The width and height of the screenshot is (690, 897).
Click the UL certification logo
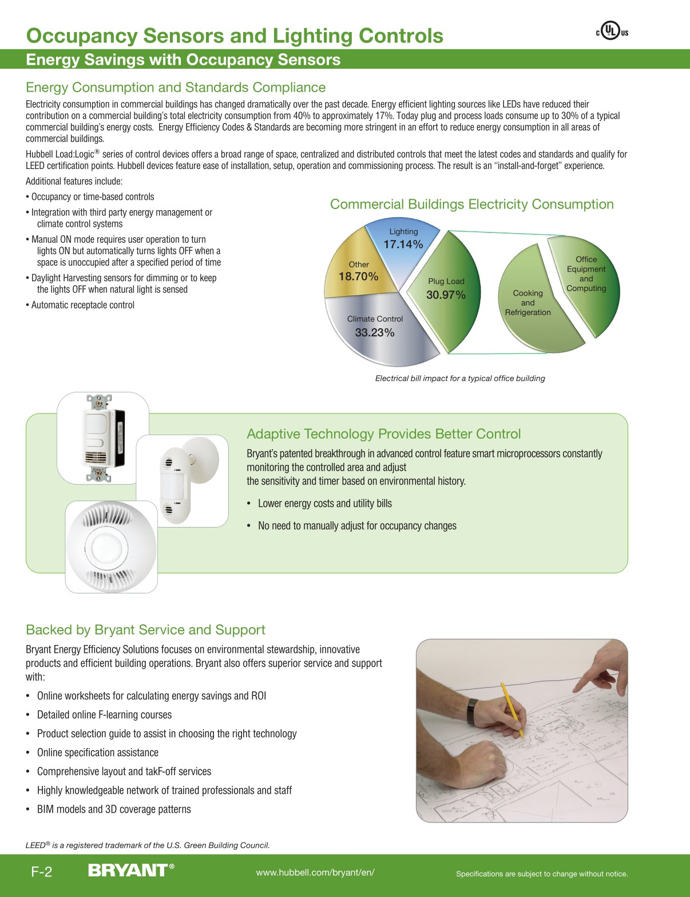point(612,31)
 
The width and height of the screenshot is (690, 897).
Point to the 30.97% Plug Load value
point(446,295)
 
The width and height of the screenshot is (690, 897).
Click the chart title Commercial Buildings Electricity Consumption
point(471,204)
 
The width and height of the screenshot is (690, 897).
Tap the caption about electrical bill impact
point(460,378)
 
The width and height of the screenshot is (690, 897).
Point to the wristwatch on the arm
point(472,711)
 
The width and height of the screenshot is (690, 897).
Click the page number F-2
point(41,872)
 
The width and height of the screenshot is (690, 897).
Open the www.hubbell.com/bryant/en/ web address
point(315,872)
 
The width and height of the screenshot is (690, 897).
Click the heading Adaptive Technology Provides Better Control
point(383,434)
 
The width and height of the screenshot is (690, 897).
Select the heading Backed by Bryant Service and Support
point(145,630)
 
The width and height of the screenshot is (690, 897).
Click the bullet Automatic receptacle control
point(82,305)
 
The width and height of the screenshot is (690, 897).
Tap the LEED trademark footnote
point(148,845)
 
